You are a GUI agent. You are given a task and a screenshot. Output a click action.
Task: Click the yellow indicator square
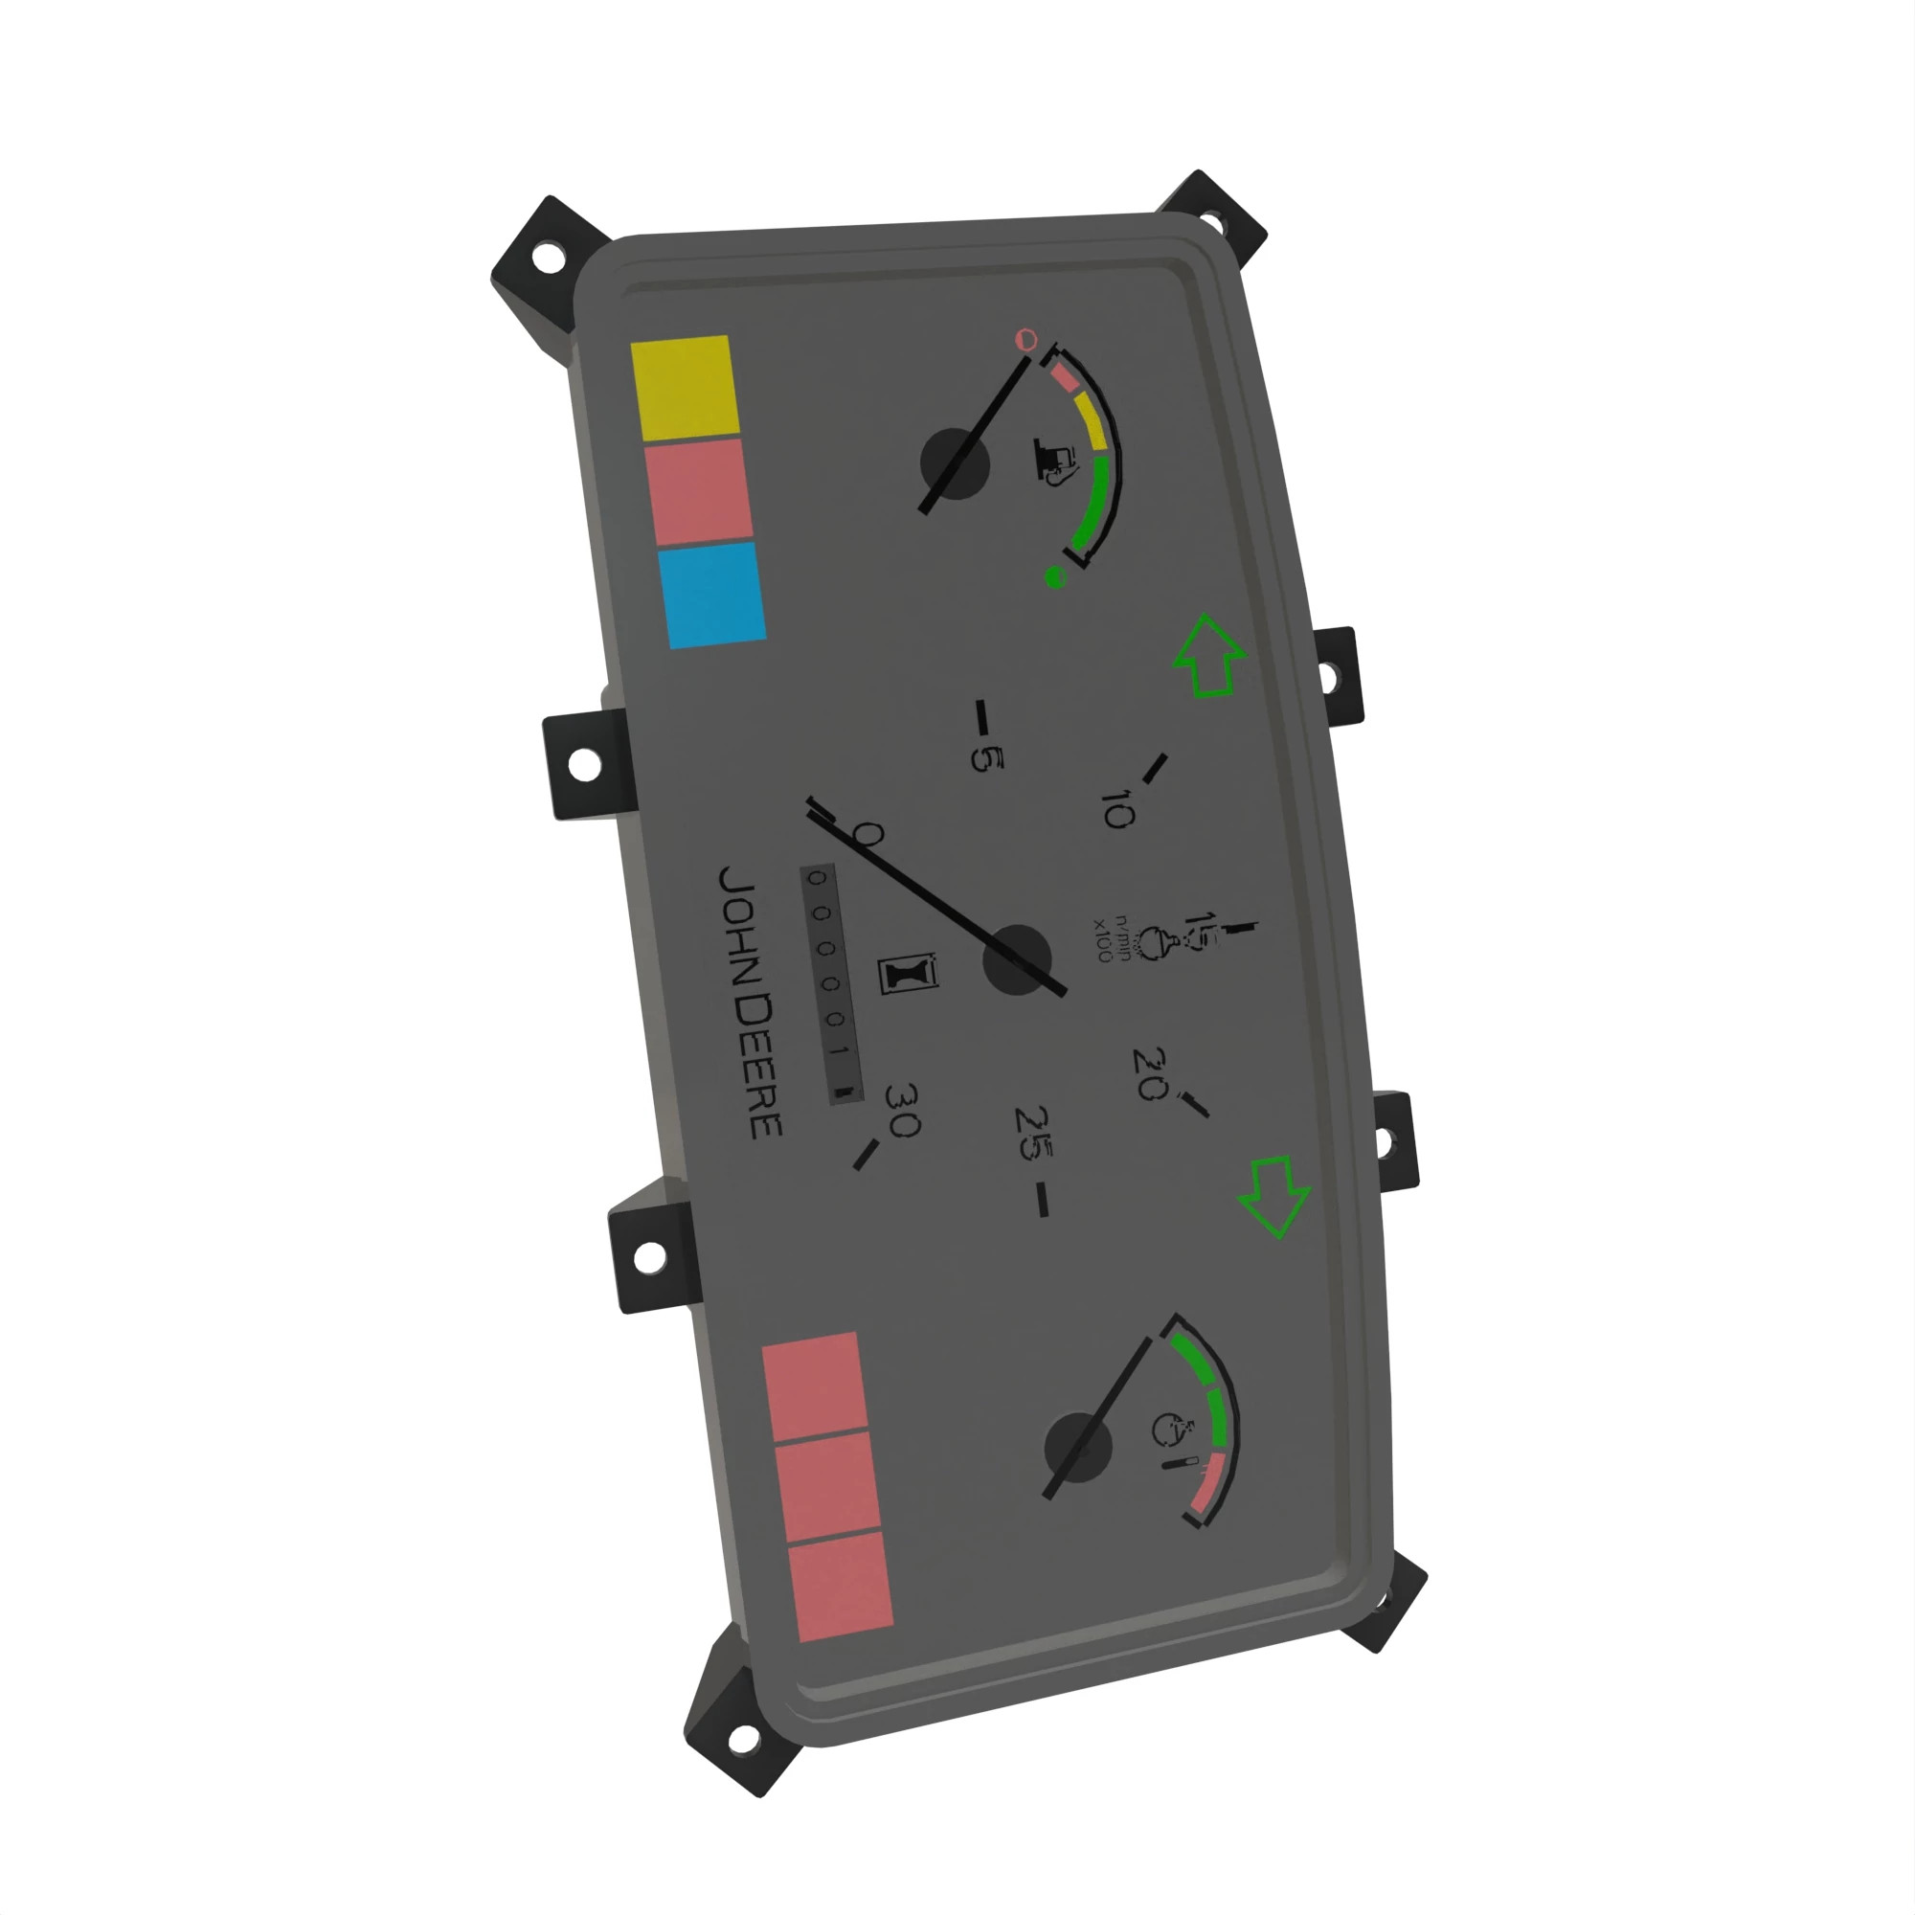pos(685,388)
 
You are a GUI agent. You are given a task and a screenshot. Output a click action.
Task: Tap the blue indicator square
pos(711,595)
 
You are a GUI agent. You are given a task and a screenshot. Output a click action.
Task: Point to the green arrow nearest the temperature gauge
pos(1275,1196)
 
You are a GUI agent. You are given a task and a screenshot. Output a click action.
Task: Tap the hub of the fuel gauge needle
pos(955,462)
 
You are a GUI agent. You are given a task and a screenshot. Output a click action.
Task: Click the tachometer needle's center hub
pos(1016,960)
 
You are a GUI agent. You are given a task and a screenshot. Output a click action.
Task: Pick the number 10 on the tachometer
pos(1116,810)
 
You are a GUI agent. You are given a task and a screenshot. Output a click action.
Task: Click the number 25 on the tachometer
pos(1034,1133)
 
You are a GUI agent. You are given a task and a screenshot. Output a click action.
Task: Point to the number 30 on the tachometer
pos(903,1109)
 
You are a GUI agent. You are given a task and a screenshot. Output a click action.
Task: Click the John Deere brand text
pos(751,1002)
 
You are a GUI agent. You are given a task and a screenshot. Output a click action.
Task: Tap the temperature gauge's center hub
pos(1078,1448)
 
